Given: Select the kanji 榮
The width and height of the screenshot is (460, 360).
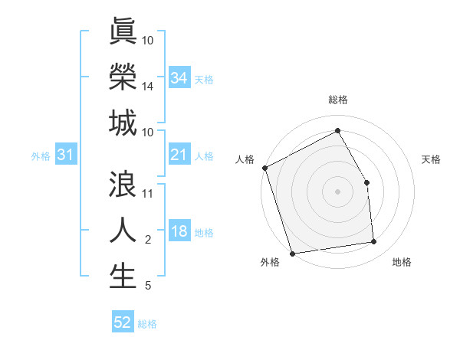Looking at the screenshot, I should tap(123, 77).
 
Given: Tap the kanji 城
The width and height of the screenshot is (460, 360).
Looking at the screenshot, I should tap(123, 123).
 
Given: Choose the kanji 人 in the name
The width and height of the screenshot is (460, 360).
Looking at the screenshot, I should tap(123, 231).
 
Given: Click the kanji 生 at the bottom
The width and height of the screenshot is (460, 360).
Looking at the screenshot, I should tap(123, 277).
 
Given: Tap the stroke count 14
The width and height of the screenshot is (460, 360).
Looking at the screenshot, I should tap(148, 87).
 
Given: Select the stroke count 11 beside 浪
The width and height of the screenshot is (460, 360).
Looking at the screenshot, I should tap(148, 194).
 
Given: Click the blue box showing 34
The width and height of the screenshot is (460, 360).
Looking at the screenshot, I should tap(179, 78).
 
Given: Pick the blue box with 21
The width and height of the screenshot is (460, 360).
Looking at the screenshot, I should tap(179, 155).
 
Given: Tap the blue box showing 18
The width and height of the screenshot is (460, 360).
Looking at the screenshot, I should tap(179, 232).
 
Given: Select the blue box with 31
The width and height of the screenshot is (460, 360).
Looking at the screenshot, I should tap(66, 155).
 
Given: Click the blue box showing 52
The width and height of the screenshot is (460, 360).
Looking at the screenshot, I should tap(123, 322).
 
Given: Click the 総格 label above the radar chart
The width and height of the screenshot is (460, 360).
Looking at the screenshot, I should tap(337, 100).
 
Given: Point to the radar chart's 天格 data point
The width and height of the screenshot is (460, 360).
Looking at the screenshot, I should tap(366, 182).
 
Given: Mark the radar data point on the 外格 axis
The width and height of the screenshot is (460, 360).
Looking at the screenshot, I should tap(292, 253).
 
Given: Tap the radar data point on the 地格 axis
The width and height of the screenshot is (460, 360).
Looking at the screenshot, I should tap(374, 242).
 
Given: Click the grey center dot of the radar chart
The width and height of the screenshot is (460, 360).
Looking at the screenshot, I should tap(337, 191).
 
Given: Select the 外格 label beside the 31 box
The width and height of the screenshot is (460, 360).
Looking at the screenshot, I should tap(41, 156).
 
